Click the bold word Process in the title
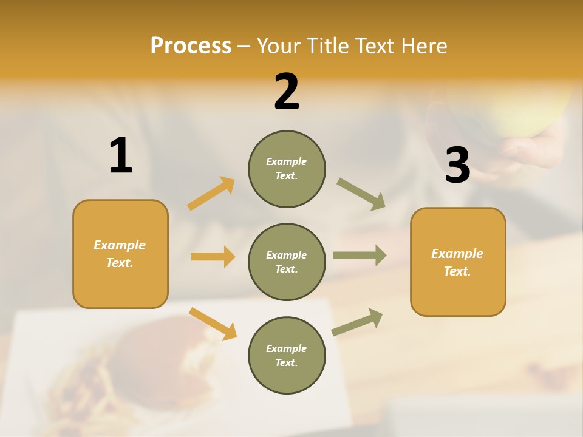[191, 46]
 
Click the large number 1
[120, 156]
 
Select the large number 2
[287, 92]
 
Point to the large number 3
[457, 165]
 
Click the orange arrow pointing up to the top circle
[211, 194]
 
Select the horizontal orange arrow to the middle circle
[213, 257]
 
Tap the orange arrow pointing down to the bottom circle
[213, 324]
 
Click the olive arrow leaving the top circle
[361, 194]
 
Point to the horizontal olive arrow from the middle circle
[360, 255]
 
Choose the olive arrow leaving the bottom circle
[357, 322]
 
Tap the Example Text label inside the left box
[120, 254]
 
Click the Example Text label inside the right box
[457, 262]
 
